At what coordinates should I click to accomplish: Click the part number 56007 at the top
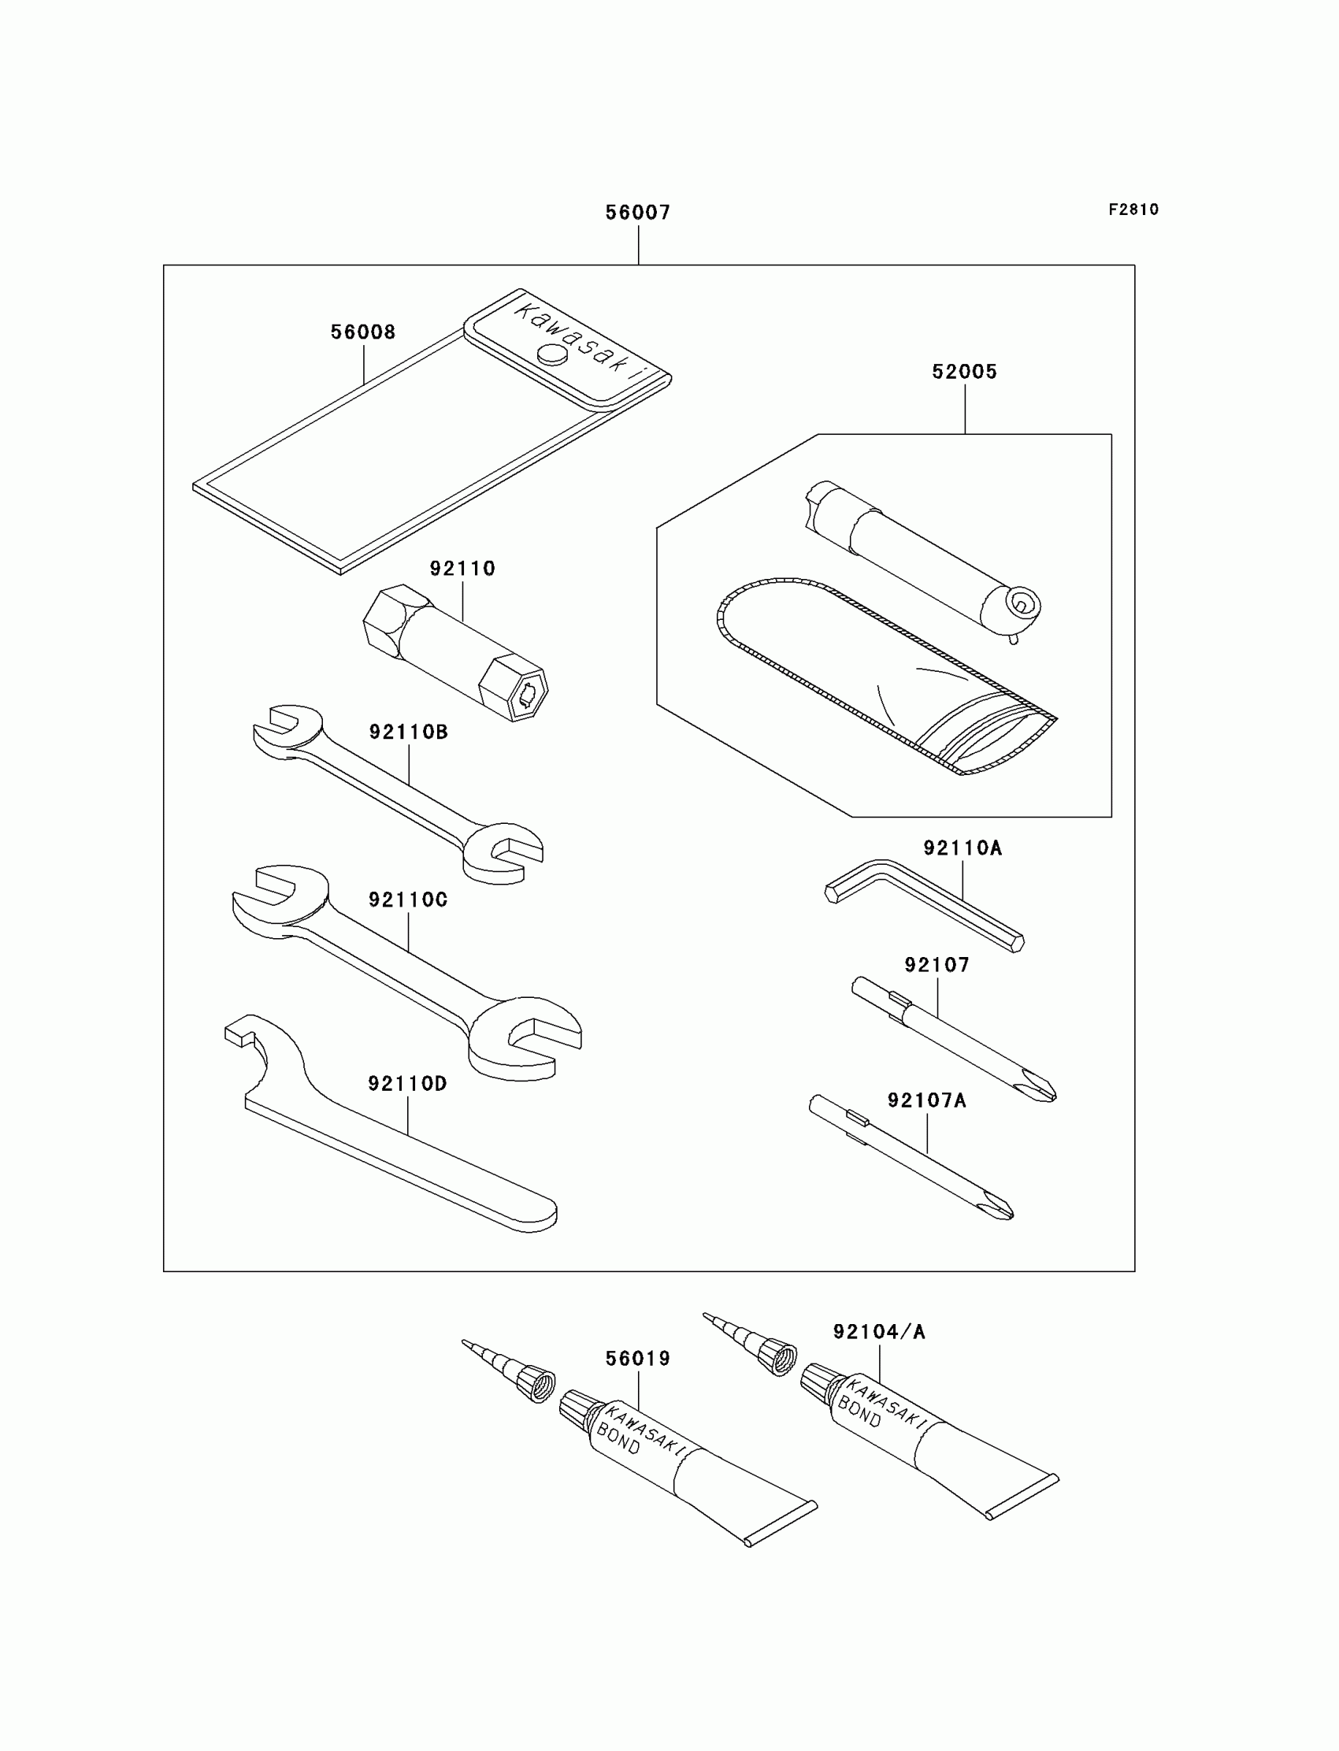click(x=638, y=213)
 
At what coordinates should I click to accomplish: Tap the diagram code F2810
click(x=1133, y=210)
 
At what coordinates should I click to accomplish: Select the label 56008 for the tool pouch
click(x=363, y=332)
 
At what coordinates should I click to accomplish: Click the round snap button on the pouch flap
click(x=551, y=354)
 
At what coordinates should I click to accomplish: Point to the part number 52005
click(x=964, y=373)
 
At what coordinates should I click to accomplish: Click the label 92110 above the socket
click(x=462, y=569)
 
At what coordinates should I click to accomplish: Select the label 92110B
click(x=408, y=733)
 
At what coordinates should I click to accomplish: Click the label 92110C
click(x=408, y=900)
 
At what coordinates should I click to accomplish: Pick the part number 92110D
click(x=407, y=1084)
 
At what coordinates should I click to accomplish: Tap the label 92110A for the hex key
click(x=963, y=849)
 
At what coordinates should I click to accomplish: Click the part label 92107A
click(x=927, y=1100)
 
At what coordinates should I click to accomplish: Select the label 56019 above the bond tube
click(x=638, y=1359)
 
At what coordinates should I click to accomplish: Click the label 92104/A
click(x=879, y=1333)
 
